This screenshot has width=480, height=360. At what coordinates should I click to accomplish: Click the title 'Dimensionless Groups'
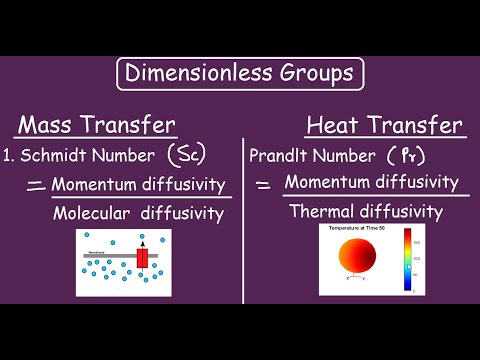pos(240,74)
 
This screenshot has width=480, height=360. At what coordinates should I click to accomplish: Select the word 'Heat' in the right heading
pos(335,125)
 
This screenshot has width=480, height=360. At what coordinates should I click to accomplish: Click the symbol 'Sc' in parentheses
pos(185,155)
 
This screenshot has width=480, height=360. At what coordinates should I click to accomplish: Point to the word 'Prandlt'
pos(280,156)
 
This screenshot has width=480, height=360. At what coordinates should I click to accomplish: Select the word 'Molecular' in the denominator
pos(92,213)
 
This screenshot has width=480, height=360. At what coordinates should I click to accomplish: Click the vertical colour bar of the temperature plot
pos(408,260)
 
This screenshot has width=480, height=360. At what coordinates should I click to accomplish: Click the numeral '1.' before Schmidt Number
pos(7,156)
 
